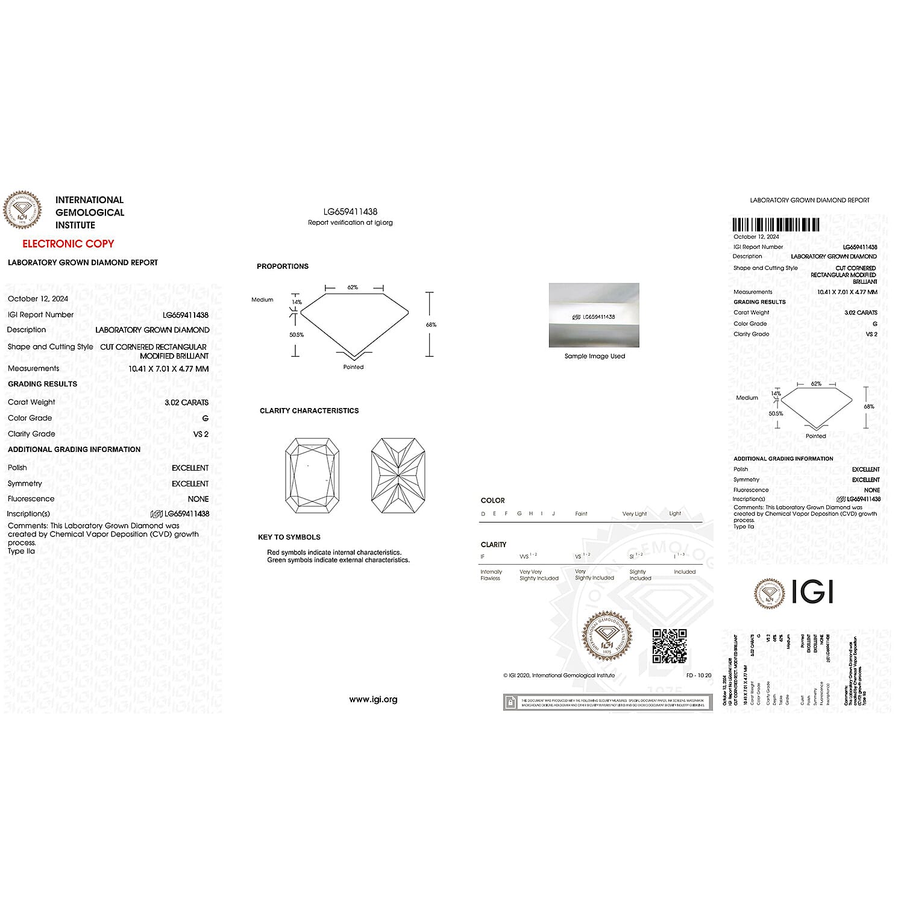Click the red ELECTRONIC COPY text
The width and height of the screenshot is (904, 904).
(68, 243)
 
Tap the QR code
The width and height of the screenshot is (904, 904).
(669, 645)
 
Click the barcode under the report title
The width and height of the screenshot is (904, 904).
(776, 225)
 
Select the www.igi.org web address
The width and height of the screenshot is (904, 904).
(373, 700)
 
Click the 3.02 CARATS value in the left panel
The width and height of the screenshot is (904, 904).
(186, 403)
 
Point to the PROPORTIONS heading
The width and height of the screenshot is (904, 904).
(283, 266)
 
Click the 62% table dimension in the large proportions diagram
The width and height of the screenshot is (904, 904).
(353, 287)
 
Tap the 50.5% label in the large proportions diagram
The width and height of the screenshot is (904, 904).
(297, 335)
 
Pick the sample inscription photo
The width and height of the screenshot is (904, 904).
(594, 315)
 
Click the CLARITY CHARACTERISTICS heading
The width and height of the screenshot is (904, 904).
(309, 411)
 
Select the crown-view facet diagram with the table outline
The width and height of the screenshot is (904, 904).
(312, 476)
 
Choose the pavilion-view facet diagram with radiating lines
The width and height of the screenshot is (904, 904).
(398, 476)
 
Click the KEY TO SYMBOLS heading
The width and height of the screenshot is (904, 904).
(289, 537)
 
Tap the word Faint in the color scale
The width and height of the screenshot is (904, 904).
(581, 514)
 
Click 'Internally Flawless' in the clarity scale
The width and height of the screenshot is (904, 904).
(491, 575)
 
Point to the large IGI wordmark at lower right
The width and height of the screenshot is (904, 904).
(812, 592)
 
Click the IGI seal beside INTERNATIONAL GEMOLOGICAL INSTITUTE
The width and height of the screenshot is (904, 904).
(23, 210)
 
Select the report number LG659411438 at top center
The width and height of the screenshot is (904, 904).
(350, 212)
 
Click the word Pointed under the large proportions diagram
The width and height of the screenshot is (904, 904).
(353, 367)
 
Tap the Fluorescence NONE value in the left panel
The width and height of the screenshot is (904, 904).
(198, 499)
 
